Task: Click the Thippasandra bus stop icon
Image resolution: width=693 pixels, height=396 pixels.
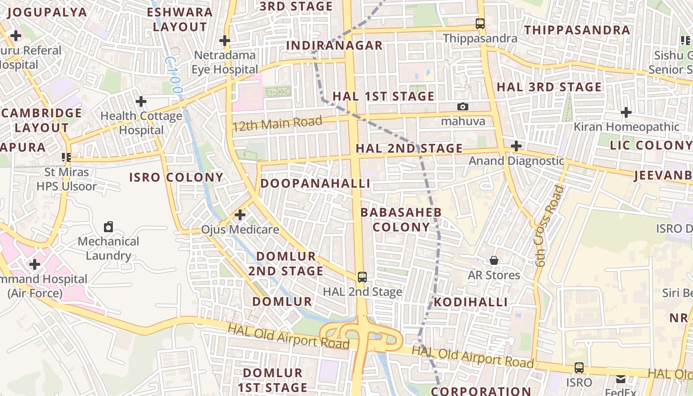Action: coord(480,23)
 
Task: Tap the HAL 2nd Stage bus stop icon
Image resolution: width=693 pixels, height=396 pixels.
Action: coord(362,277)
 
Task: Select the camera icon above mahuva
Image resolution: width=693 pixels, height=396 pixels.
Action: coord(463,106)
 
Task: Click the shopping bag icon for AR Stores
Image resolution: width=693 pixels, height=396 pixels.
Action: coord(494,260)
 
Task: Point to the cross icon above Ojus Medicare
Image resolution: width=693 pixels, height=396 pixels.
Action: coord(240,215)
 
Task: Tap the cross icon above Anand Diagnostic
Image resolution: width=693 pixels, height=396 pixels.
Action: coord(516,146)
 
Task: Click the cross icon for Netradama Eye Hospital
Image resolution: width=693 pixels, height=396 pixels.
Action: coord(225,40)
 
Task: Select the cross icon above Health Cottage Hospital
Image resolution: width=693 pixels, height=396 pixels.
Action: coord(141,101)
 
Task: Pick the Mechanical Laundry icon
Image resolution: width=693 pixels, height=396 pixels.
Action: coord(108,227)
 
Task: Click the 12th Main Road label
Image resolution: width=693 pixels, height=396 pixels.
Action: coord(278,123)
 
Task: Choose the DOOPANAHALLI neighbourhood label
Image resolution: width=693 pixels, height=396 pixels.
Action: coord(315,184)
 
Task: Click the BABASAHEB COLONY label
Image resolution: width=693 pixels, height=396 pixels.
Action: coord(401,220)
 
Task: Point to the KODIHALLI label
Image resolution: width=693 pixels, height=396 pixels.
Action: coord(471,302)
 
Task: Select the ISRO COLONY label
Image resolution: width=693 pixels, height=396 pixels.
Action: coord(176,177)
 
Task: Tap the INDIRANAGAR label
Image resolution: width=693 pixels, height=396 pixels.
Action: coord(335,46)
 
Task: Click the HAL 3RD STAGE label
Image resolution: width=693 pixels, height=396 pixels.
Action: coord(549,87)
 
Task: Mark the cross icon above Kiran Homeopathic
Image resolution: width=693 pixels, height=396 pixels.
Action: coord(626,112)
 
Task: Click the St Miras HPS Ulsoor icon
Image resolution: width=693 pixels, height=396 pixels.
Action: coord(66,158)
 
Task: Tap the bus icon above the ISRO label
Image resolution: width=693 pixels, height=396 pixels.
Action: coord(579,368)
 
